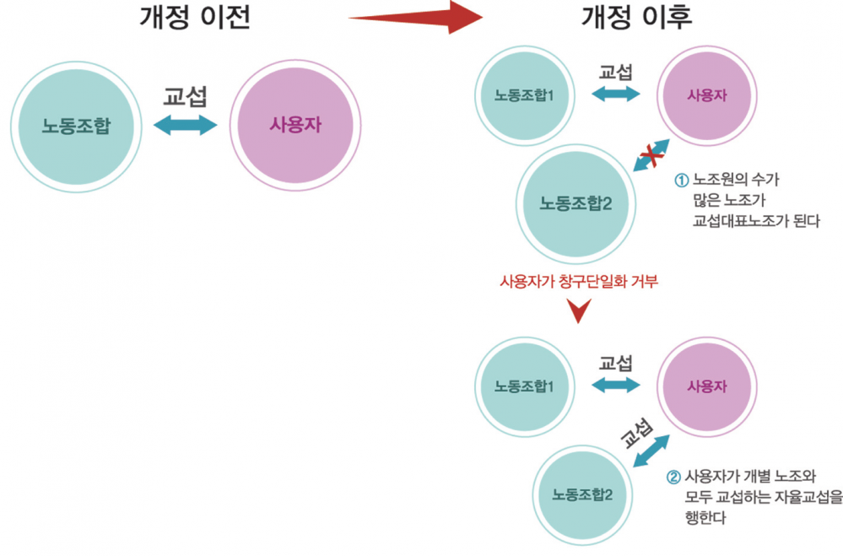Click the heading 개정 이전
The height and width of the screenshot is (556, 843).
tap(195, 18)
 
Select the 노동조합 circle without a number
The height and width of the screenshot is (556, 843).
tap(77, 127)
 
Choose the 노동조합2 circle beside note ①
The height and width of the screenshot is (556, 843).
tap(576, 203)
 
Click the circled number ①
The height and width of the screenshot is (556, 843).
tap(683, 180)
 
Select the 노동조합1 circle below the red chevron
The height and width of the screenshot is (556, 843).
tap(524, 386)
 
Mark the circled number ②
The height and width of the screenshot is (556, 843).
tap(673, 476)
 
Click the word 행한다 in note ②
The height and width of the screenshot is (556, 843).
tap(706, 517)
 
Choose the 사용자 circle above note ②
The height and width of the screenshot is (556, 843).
tap(706, 386)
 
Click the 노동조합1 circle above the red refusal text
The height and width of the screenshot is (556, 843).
tap(524, 94)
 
